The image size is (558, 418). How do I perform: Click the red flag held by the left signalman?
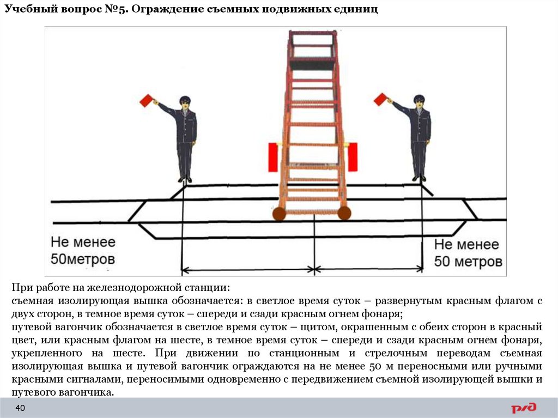coord(145,101)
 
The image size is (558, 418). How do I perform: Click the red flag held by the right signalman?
coord(379,99)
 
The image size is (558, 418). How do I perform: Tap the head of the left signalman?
coord(185,101)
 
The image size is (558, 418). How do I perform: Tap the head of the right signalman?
coord(418,100)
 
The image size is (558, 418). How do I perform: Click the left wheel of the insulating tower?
coord(279,214)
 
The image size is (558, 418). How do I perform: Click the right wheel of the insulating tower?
coord(344,213)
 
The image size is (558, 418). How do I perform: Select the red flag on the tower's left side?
coord(273,156)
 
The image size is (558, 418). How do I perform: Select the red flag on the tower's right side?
coord(352,156)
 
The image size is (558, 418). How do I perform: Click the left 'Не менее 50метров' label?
coord(83,250)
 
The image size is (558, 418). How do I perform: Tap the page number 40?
coord(20,409)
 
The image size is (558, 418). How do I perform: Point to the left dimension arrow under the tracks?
coord(248,269)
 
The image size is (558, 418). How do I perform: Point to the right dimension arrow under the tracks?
coord(369,269)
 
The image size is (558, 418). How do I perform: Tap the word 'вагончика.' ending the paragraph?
coord(88,392)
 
